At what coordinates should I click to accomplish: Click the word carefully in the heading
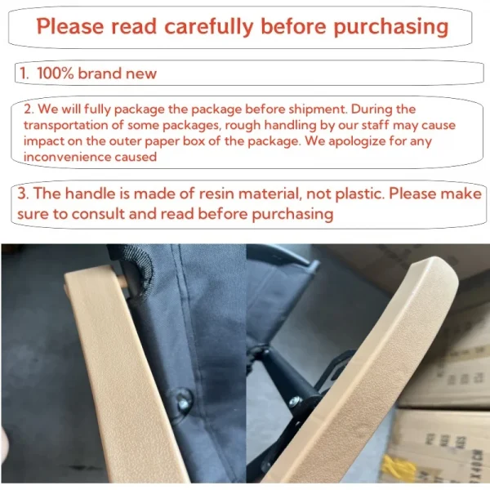pos(209,27)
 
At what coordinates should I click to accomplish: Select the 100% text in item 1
pos(55,73)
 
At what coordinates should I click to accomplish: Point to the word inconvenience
pos(67,157)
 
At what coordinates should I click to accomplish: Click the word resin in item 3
pos(216,194)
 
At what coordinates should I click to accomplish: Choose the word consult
pos(98,214)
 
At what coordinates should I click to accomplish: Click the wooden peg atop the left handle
pos(123,280)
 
